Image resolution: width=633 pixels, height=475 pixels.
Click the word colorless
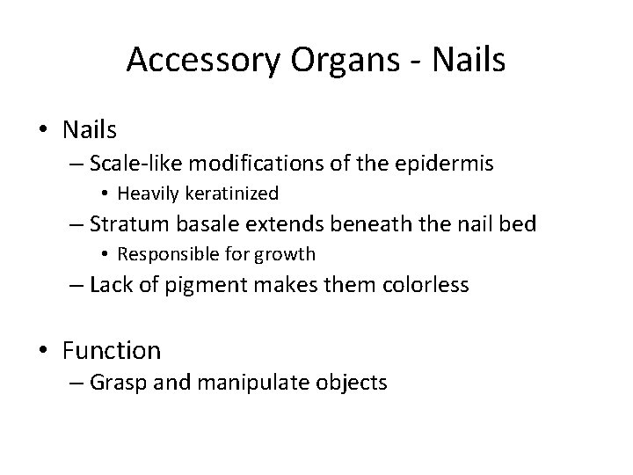click(426, 284)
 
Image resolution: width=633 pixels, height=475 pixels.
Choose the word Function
click(112, 351)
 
